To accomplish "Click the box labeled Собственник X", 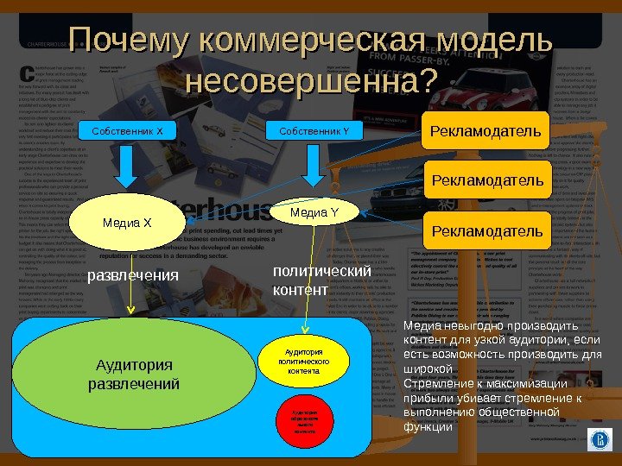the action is point(127,131).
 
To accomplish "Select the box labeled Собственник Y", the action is point(314,131).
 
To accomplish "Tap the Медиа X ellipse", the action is point(127,224).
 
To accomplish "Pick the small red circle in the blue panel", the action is point(304,422).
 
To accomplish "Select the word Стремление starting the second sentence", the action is point(441,384).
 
